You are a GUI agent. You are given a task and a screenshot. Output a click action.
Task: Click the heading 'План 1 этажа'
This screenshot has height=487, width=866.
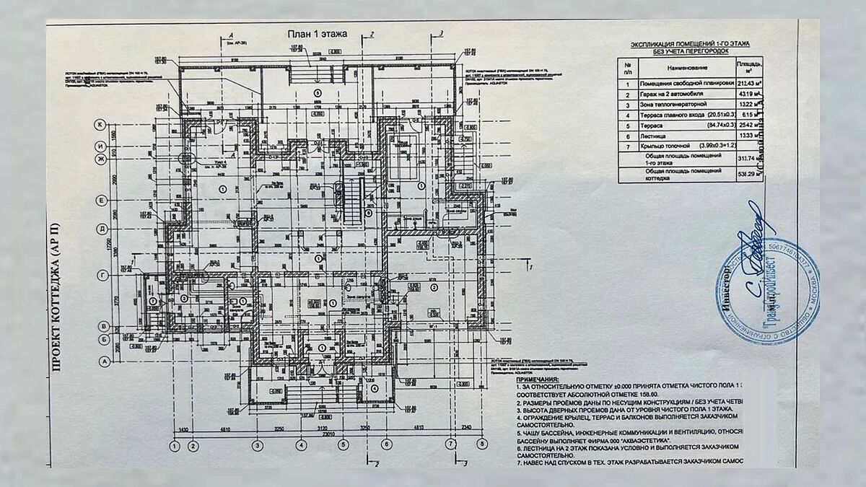pos(318,34)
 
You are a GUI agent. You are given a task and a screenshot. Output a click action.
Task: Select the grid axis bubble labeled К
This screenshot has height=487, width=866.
pos(102,124)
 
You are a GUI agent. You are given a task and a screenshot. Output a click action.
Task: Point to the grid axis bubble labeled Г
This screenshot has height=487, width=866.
pos(102,275)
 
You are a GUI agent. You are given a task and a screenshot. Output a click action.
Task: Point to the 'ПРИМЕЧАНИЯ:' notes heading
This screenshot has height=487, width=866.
pos(538,378)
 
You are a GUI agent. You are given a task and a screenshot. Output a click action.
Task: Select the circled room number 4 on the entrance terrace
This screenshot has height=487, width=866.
pos(375,388)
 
